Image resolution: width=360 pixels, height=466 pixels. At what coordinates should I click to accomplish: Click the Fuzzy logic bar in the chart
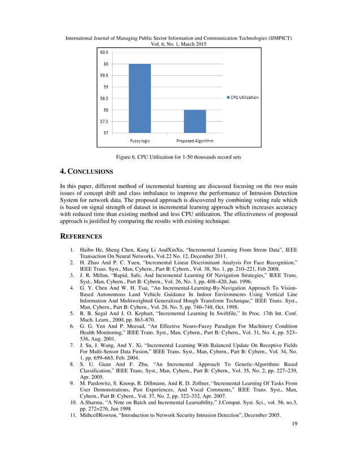click(x=140, y=98)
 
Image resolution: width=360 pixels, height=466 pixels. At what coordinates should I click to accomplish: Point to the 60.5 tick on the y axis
click(x=105, y=52)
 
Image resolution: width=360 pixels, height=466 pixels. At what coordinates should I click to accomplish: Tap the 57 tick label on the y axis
click(x=106, y=133)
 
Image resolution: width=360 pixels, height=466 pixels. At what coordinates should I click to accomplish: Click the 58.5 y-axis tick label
click(x=105, y=98)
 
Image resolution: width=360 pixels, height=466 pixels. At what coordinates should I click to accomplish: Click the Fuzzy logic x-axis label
click(x=140, y=140)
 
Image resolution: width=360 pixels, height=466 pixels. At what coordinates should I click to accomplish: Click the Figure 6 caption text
click(x=180, y=154)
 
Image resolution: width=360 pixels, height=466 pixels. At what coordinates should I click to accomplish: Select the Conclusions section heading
click(x=86, y=171)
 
